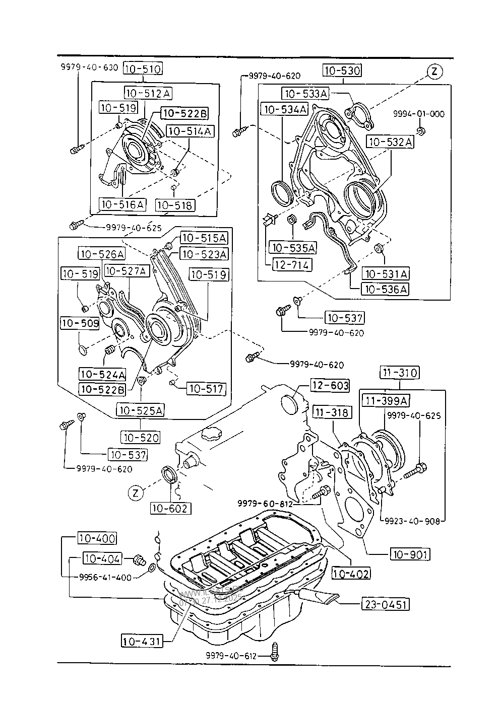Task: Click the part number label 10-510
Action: [x=143, y=69]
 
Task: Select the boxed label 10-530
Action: [x=343, y=70]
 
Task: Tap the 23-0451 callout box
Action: [x=385, y=604]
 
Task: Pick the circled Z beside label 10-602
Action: [x=136, y=493]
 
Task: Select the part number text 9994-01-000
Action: [x=419, y=114]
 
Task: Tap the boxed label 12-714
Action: [x=292, y=264]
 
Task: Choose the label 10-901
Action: [x=410, y=554]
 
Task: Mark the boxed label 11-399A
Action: [x=387, y=400]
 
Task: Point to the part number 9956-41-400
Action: [x=105, y=577]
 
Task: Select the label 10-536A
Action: [x=385, y=289]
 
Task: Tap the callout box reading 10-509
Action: [x=80, y=323]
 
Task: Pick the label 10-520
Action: [x=140, y=437]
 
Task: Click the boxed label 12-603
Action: [x=330, y=385]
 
